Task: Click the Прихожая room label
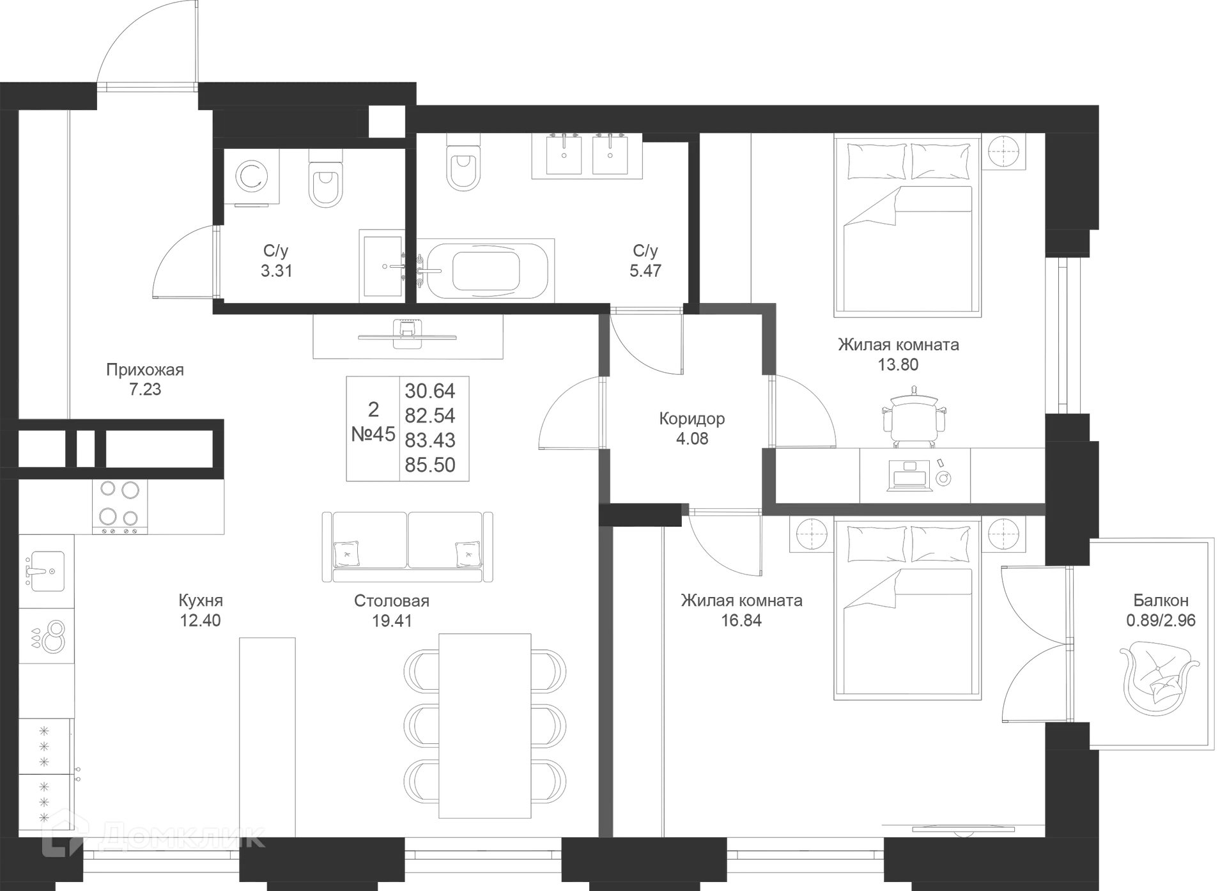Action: pos(144,370)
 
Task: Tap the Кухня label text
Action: pos(199,601)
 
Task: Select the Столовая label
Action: pos(391,601)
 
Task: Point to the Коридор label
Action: pos(692,419)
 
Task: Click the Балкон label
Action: pos(1161,601)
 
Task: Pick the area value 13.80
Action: pos(899,365)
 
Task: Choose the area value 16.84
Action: pos(741,621)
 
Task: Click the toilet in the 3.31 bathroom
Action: pos(326,180)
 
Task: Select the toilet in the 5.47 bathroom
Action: pos(462,164)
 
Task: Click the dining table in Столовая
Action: pos(486,725)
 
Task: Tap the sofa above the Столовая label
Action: pos(406,546)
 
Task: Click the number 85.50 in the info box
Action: pos(430,465)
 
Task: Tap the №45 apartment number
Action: pos(374,435)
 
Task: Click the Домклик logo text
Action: pos(182,836)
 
